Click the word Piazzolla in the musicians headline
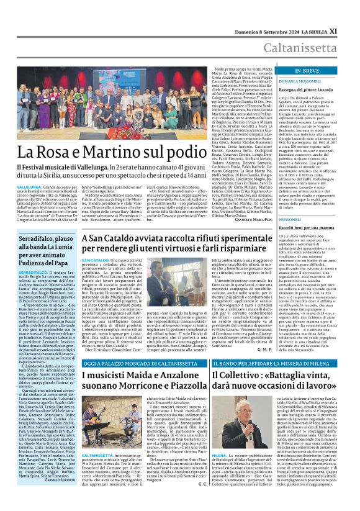pos(176,388)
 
